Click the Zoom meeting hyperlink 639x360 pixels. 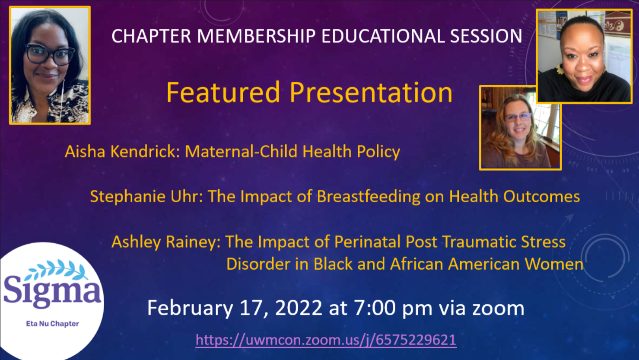click(x=326, y=340)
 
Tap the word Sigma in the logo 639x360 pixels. click(x=52, y=293)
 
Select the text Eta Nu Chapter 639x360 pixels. click(x=52, y=324)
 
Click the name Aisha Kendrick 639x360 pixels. click(x=122, y=151)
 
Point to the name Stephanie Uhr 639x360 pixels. click(x=146, y=197)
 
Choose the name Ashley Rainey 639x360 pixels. click(x=166, y=242)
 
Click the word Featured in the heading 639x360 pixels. click(x=223, y=92)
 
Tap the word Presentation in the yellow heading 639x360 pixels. click(x=371, y=93)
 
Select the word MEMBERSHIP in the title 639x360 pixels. click(x=256, y=36)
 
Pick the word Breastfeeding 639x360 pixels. click(x=369, y=197)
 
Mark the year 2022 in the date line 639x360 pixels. click(x=299, y=308)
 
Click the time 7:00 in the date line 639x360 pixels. click(x=375, y=308)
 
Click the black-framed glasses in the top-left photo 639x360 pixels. click(x=49, y=54)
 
